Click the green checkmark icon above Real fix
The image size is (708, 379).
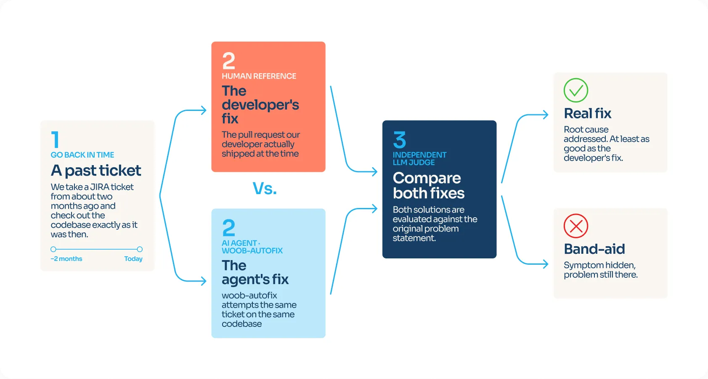(575, 90)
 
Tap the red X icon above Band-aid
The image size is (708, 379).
(575, 226)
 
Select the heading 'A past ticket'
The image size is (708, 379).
(96, 171)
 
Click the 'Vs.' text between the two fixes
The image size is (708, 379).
(265, 189)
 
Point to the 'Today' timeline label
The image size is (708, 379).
(133, 259)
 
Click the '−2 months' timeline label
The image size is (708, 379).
(66, 259)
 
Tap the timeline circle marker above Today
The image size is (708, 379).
(140, 249)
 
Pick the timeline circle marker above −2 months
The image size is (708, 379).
(53, 249)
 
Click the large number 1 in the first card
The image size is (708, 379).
(55, 139)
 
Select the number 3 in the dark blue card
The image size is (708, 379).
(400, 139)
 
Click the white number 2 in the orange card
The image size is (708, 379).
(228, 61)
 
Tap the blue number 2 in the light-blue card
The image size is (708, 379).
(228, 228)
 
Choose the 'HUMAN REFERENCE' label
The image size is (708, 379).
(259, 76)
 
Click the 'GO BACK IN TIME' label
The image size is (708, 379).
(82, 155)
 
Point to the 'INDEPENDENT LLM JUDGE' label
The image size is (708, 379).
(419, 159)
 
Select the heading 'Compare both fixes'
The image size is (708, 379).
(429, 186)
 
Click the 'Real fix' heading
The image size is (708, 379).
(588, 113)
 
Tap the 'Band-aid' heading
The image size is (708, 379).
(594, 249)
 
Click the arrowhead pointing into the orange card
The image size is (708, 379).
(204, 111)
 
